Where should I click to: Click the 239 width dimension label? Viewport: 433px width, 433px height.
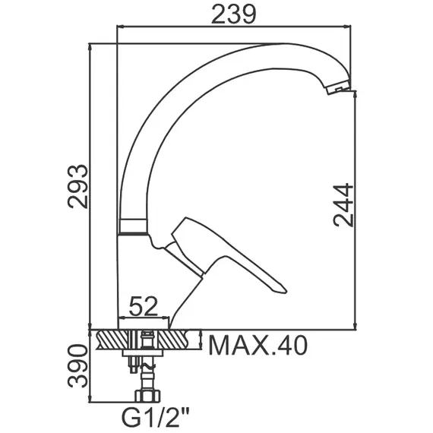pos(234,14)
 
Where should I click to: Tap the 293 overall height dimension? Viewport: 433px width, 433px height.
pos(78,186)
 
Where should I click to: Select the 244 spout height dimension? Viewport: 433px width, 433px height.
pos(343,205)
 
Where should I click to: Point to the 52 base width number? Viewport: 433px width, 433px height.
pos(143,306)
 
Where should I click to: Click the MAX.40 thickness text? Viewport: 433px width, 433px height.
pos(258,346)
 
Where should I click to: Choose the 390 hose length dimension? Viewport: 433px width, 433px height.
pos(78,365)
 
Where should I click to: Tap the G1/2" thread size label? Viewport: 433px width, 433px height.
pos(156,419)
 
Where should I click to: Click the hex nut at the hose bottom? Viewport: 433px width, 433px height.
pos(147,396)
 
